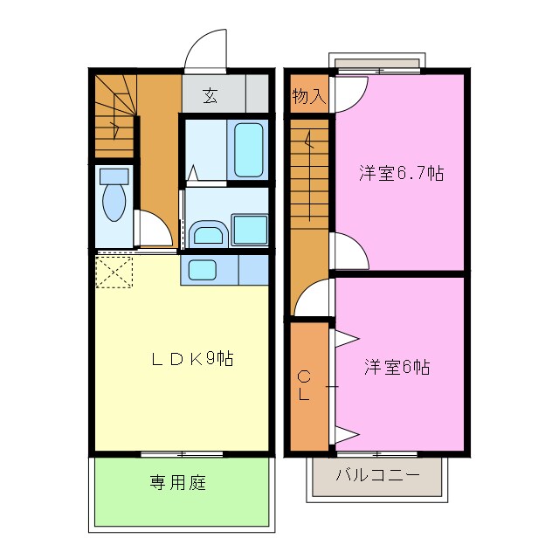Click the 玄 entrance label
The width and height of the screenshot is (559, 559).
[x=210, y=95]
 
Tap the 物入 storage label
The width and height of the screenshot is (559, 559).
[x=308, y=96]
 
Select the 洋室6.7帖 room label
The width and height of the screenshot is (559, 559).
[x=401, y=173]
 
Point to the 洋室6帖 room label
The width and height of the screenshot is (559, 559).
[x=397, y=367]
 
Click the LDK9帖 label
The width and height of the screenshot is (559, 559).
[x=193, y=358]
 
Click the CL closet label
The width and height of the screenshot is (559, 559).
[x=304, y=385]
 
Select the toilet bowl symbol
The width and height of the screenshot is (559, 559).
[x=114, y=201]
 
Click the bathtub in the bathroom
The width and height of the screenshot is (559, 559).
[x=248, y=148]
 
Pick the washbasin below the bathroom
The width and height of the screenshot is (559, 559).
[x=208, y=234]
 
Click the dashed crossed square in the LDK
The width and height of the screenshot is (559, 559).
[x=114, y=271]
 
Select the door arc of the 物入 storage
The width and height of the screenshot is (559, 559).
[x=342, y=96]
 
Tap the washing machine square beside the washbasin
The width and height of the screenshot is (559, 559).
[x=251, y=231]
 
